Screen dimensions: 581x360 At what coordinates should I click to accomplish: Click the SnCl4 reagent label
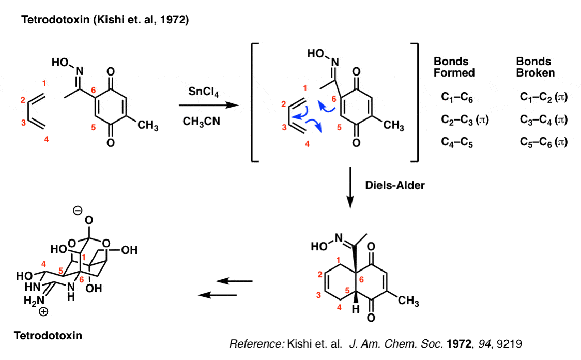(x=204, y=92)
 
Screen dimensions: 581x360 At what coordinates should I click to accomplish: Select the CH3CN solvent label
(x=201, y=122)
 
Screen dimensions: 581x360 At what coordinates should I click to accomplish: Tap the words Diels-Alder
(x=395, y=185)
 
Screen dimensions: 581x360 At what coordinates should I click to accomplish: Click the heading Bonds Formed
(x=454, y=67)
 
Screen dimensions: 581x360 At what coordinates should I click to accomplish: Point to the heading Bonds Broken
(x=536, y=67)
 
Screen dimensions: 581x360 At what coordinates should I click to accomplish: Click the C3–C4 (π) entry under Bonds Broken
(x=544, y=120)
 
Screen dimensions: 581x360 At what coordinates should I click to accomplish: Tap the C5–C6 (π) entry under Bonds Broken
(x=544, y=142)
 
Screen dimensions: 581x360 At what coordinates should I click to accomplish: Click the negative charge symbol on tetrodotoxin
(x=78, y=210)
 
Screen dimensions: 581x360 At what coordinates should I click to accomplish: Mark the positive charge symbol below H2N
(x=43, y=312)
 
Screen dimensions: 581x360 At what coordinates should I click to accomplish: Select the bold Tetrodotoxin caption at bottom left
(x=48, y=335)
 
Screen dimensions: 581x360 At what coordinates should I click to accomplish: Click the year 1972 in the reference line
(x=459, y=343)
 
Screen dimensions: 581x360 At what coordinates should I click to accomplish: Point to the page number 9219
(x=510, y=343)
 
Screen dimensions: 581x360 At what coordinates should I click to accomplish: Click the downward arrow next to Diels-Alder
(x=350, y=188)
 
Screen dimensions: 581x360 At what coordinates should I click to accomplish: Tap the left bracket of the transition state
(x=254, y=103)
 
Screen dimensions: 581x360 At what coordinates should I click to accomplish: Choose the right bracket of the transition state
(x=415, y=103)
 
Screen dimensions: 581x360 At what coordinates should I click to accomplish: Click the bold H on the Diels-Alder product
(x=356, y=309)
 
